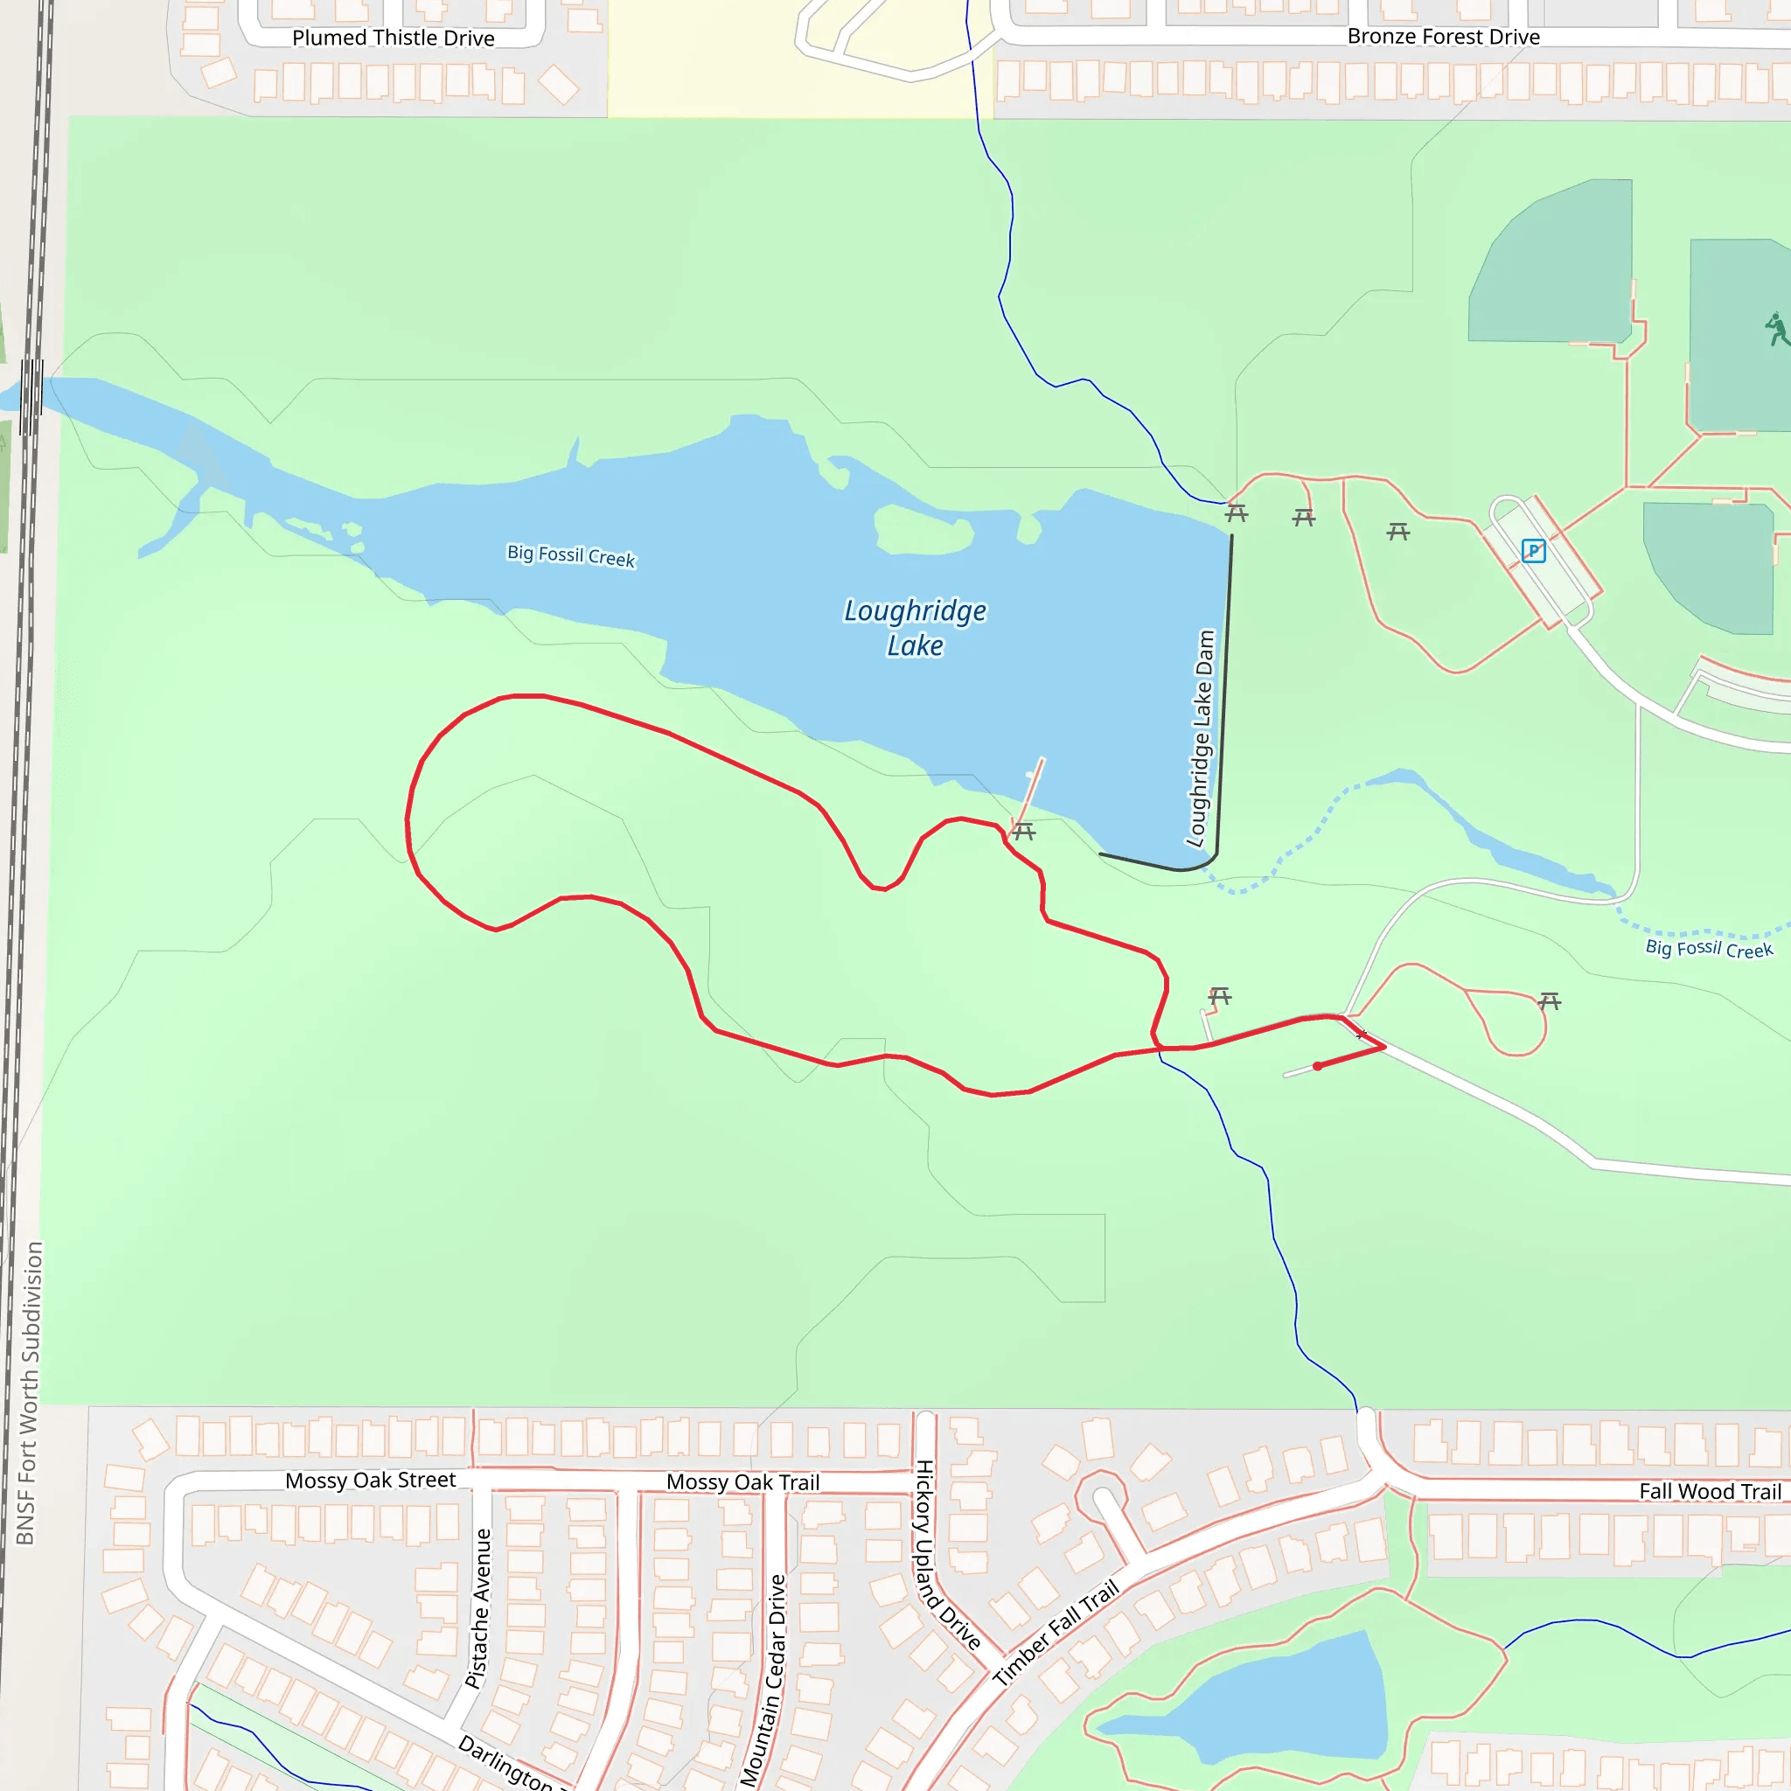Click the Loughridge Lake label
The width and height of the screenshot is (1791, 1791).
(915, 628)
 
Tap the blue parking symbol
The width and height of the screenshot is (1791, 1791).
(1533, 552)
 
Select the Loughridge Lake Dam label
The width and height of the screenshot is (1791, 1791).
(1201, 739)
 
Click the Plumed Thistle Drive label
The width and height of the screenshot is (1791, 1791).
(393, 38)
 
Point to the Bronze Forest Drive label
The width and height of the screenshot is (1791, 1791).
(1443, 36)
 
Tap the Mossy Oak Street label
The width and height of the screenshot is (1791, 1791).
(370, 1480)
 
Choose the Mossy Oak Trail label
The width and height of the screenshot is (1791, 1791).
(742, 1481)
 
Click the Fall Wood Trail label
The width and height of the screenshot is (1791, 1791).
(1710, 1491)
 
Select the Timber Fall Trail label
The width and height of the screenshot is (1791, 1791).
(1056, 1633)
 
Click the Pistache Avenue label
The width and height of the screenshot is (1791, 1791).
(478, 1608)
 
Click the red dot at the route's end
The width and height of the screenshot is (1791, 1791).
(1317, 1066)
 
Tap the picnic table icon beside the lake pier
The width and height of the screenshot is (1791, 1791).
(1023, 832)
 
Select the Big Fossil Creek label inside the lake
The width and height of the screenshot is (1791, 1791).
(571, 555)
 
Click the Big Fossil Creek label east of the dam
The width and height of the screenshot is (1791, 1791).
(1709, 948)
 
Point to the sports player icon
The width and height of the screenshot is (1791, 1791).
(1776, 328)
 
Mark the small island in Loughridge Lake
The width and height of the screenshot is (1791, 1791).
(923, 529)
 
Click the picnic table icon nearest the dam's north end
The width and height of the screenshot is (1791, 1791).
(1237, 512)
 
